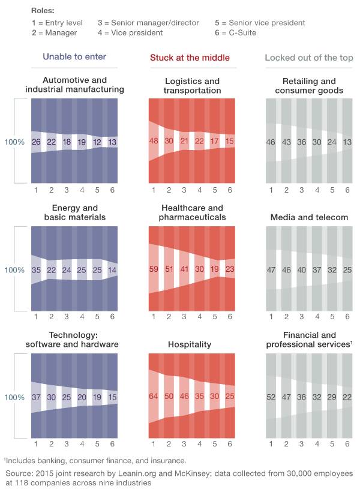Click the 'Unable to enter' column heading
(x=74, y=56)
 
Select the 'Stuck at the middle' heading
(x=190, y=58)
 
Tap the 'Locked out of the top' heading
(x=309, y=58)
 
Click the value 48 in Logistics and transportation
(x=154, y=141)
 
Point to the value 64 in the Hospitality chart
(x=154, y=396)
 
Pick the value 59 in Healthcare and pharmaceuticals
(x=154, y=269)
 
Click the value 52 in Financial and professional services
(x=271, y=397)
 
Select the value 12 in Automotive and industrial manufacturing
(x=97, y=142)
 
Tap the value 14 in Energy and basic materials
(x=112, y=270)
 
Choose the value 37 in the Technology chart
(x=36, y=397)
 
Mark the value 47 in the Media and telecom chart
(x=271, y=270)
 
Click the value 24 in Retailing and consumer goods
(x=332, y=142)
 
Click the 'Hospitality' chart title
(x=190, y=344)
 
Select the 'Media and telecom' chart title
(x=309, y=217)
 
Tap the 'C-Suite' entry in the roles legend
(x=242, y=33)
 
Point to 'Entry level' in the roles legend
(x=64, y=23)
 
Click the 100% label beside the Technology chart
(x=14, y=397)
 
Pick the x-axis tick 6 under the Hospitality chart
(x=230, y=444)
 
